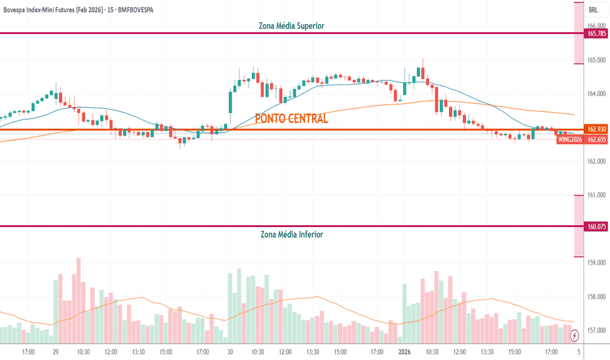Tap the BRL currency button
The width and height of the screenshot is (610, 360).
click(593, 10)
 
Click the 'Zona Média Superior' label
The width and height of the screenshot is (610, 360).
click(292, 26)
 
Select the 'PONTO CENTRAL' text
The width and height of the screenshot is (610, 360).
click(291, 119)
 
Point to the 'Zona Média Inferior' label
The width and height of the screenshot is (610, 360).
click(291, 234)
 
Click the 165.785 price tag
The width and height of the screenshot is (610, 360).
click(595, 33)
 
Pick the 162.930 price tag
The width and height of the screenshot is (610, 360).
click(595, 130)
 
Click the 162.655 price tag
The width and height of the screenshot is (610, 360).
click(596, 139)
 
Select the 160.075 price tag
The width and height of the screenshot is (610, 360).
click(595, 227)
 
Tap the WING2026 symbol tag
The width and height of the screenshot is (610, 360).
click(570, 139)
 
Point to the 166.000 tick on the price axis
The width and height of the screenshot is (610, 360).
click(595, 26)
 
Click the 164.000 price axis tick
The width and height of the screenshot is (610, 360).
click(595, 94)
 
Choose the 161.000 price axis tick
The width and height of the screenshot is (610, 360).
click(595, 195)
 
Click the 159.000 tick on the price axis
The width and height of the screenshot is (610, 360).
click(595, 262)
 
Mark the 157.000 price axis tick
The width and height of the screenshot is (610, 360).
click(595, 330)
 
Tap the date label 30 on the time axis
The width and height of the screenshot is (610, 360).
click(230, 352)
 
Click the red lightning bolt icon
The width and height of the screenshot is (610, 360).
click(575, 336)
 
